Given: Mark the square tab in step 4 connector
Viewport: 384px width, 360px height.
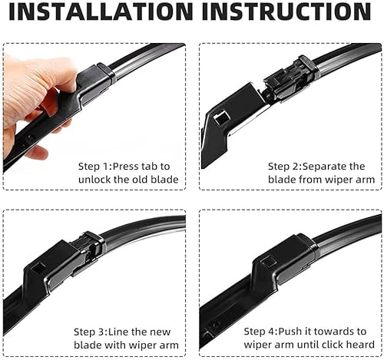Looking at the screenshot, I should coord(269,261).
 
